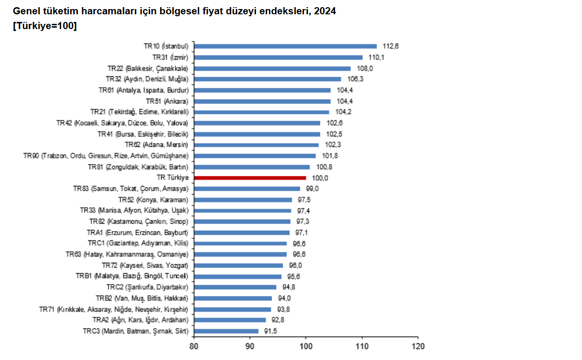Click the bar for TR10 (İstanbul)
click(x=286, y=46)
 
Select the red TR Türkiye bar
click(x=250, y=178)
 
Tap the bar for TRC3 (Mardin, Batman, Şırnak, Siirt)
click(x=226, y=331)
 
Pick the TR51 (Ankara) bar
click(x=263, y=101)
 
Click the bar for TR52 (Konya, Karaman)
click(x=243, y=200)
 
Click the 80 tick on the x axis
click(x=194, y=346)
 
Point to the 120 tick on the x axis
click(x=418, y=346)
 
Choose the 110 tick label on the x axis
click(x=362, y=346)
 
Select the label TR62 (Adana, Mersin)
click(x=156, y=145)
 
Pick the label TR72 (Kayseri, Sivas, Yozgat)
click(x=145, y=266)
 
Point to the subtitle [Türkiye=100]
click(x=45, y=27)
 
